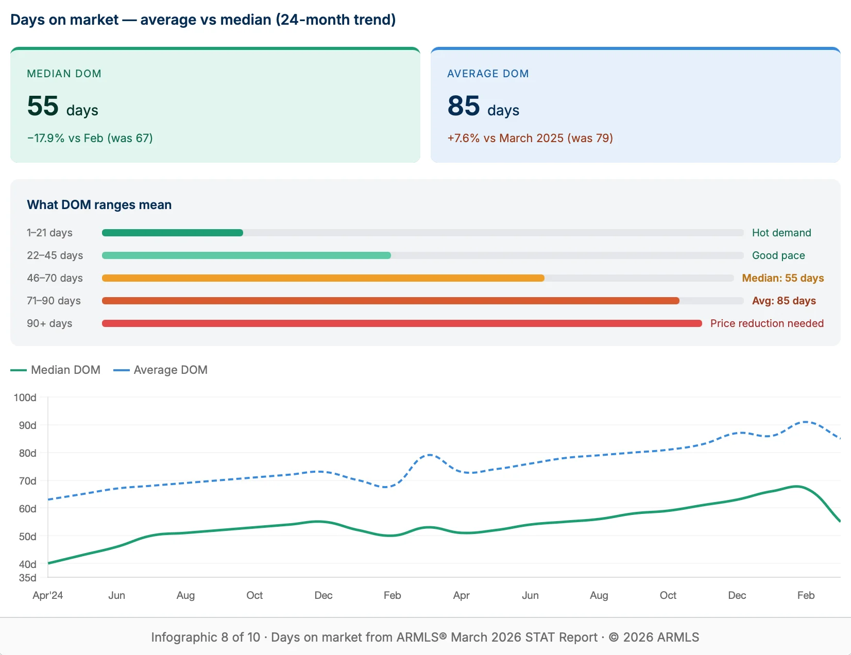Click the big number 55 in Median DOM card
(x=43, y=106)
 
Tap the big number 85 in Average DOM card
(x=464, y=106)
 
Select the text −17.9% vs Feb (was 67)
(x=90, y=138)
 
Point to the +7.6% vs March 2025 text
(x=530, y=138)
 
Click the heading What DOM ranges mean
(x=99, y=205)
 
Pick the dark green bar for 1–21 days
(x=172, y=233)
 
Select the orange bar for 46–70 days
(x=322, y=278)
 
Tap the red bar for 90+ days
(x=402, y=323)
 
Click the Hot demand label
(x=781, y=233)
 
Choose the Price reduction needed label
(x=767, y=323)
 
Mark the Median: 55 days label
(x=782, y=278)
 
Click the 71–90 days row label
(x=54, y=301)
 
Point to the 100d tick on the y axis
(x=25, y=398)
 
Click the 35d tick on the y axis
(x=27, y=578)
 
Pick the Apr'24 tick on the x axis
(x=47, y=595)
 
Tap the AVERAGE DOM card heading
(x=487, y=74)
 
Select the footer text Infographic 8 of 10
(x=205, y=637)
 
